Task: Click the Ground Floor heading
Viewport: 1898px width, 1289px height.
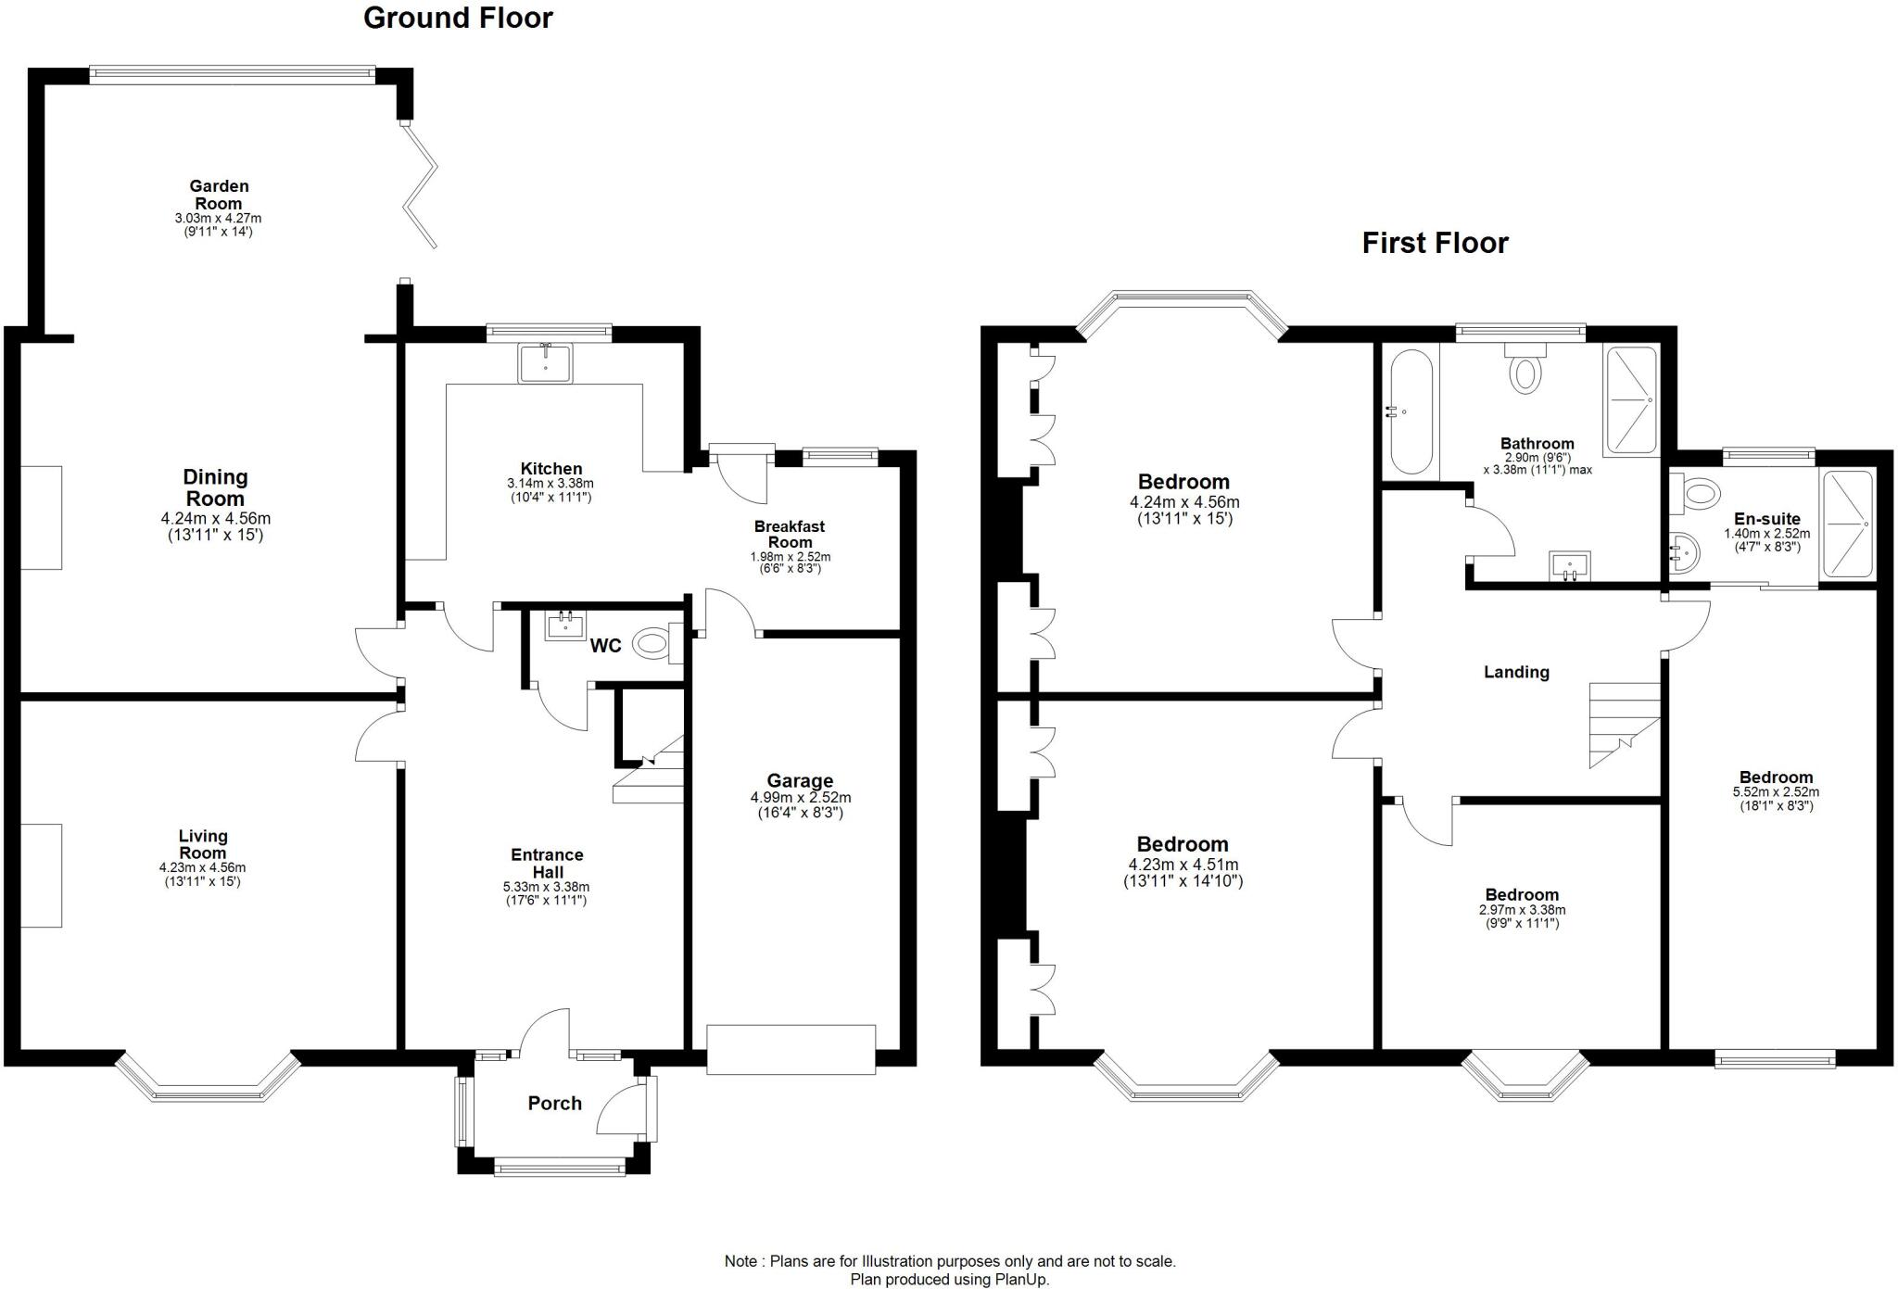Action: pyautogui.click(x=458, y=18)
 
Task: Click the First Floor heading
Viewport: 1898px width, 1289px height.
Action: pyautogui.click(x=1435, y=243)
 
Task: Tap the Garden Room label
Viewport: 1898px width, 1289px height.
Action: pyautogui.click(x=219, y=195)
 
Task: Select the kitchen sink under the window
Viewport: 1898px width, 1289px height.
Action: pyautogui.click(x=545, y=362)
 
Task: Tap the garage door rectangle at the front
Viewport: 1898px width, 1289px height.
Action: pyautogui.click(x=791, y=1049)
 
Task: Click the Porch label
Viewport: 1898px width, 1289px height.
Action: pyautogui.click(x=554, y=1103)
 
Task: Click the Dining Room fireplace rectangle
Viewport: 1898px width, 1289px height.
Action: pyautogui.click(x=41, y=517)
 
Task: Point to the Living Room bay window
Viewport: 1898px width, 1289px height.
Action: pyautogui.click(x=209, y=1080)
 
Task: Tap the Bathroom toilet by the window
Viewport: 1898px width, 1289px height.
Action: pyautogui.click(x=1525, y=369)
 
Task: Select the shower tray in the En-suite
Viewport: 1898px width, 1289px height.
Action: pyautogui.click(x=1848, y=524)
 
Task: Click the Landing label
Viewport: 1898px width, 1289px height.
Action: pyautogui.click(x=1516, y=672)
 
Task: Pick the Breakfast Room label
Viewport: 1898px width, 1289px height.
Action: pyautogui.click(x=790, y=535)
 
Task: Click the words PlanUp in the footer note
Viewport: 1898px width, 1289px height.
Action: pyautogui.click(x=1020, y=1280)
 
